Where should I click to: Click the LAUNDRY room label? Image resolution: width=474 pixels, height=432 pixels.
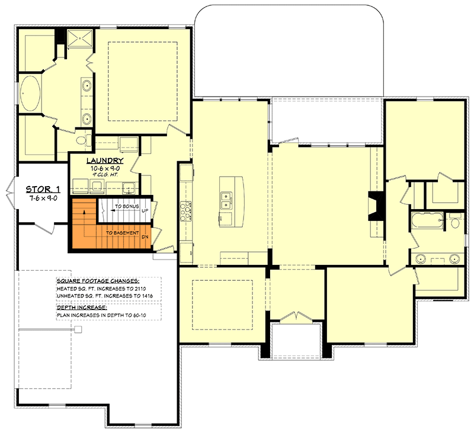[105, 161]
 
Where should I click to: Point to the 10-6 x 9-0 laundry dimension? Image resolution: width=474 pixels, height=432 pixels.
[104, 168]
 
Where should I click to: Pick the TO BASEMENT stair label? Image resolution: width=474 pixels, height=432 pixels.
[123, 233]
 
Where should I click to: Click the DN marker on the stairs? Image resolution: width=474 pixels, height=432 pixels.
[144, 237]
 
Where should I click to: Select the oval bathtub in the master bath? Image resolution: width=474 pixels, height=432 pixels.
[30, 94]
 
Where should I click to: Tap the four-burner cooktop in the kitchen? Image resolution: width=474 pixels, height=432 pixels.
[187, 210]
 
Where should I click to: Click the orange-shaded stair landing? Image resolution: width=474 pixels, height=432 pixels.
[83, 225]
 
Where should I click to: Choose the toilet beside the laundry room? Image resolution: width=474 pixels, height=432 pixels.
[84, 140]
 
